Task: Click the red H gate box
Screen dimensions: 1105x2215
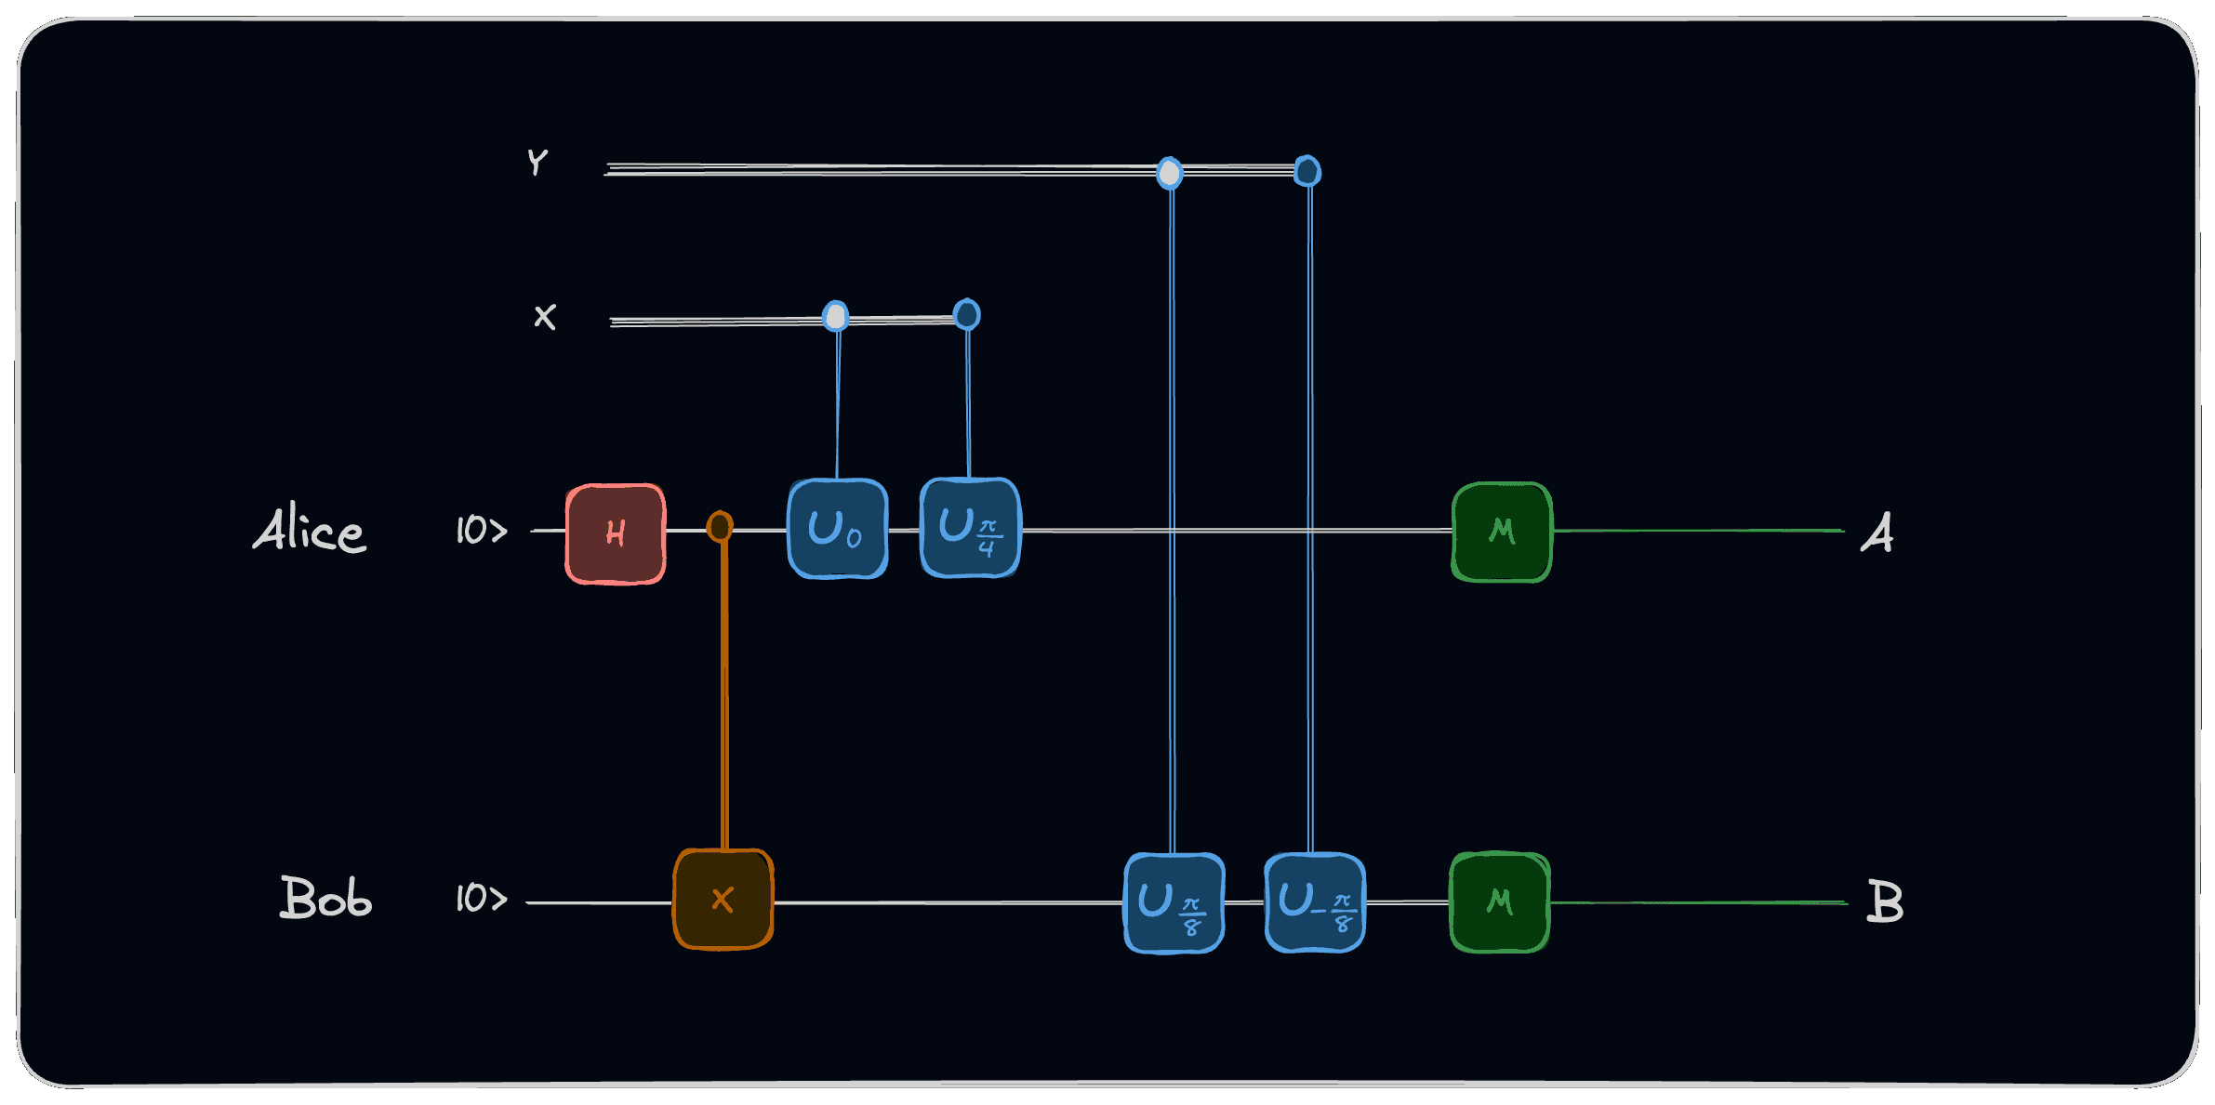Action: [616, 533]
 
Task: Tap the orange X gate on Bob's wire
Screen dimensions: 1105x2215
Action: [723, 899]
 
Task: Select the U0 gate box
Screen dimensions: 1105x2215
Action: [837, 528]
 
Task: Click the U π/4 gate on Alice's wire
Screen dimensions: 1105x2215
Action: [970, 528]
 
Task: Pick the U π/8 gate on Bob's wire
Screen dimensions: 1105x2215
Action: [1174, 902]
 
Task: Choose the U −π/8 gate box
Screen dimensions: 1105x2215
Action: [1315, 902]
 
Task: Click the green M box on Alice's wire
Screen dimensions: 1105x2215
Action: [1502, 532]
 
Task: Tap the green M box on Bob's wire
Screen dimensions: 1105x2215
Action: [1500, 901]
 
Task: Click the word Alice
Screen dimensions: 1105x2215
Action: [310, 530]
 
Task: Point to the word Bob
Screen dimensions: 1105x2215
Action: [325, 898]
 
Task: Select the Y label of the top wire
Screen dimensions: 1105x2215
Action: [537, 163]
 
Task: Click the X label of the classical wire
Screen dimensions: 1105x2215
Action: [545, 317]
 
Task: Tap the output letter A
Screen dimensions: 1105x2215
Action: [1877, 533]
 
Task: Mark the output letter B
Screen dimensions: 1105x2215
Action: [1885, 901]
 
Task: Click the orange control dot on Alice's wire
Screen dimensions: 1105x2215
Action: [720, 527]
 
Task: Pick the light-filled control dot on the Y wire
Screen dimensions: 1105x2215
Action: [1170, 173]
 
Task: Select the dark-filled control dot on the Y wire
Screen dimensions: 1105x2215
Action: [1307, 171]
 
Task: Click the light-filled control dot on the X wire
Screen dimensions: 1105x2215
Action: [836, 317]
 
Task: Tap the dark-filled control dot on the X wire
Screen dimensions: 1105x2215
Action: [967, 315]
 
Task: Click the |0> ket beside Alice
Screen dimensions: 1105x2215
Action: [481, 530]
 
